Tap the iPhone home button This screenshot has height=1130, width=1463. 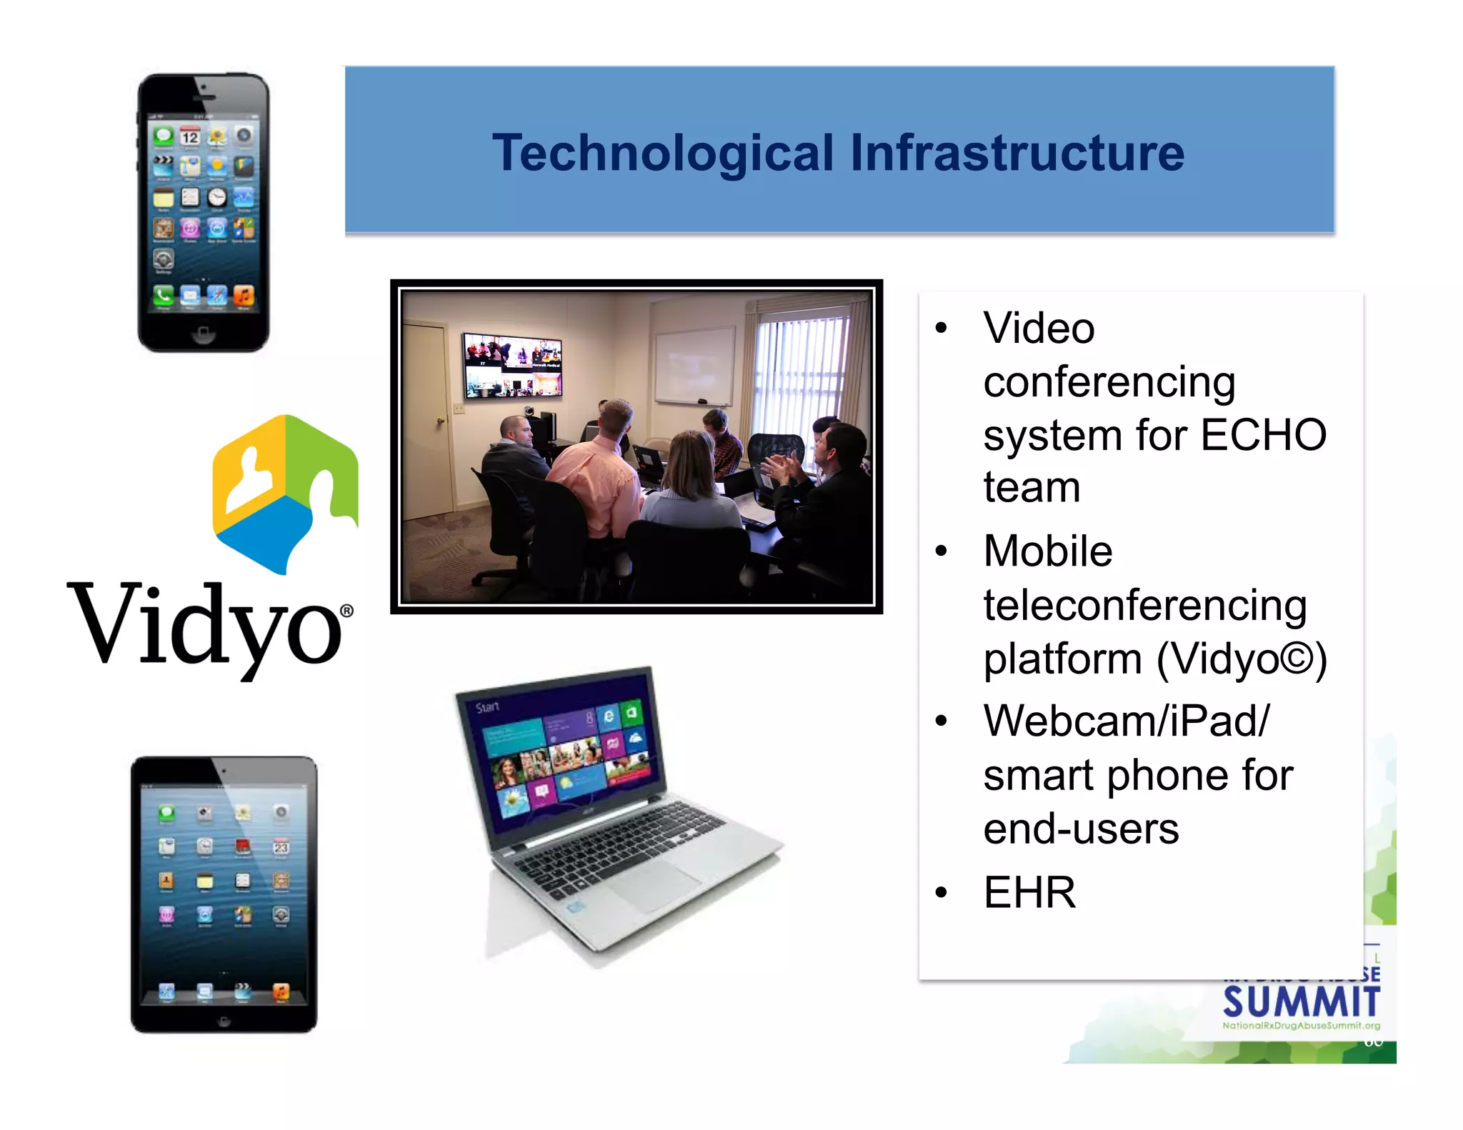click(x=203, y=332)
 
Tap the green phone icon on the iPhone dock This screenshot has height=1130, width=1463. click(x=164, y=294)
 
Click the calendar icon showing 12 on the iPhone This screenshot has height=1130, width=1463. click(x=190, y=136)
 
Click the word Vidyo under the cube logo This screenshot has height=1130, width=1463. click(x=207, y=626)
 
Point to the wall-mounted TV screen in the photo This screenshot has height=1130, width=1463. click(x=512, y=365)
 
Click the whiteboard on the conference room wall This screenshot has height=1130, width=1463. click(x=694, y=365)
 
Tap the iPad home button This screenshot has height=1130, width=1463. click(x=224, y=1021)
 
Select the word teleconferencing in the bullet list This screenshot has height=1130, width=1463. click(x=1144, y=605)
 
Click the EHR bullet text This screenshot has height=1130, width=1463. click(x=1029, y=892)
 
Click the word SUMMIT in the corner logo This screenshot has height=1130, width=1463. click(x=1301, y=1001)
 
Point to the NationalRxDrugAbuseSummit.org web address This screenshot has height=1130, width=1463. click(x=1301, y=1026)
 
